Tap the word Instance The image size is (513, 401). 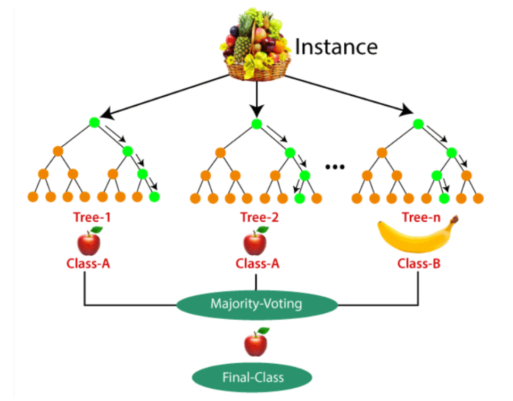click(x=336, y=47)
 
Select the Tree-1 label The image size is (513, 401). click(x=92, y=217)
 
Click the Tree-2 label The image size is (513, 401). click(x=257, y=217)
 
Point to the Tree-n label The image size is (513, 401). click(x=418, y=217)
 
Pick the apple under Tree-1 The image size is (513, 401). click(x=89, y=241)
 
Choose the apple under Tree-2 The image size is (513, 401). click(x=255, y=241)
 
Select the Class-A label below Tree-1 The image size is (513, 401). click(x=88, y=264)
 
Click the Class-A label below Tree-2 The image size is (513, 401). click(x=256, y=264)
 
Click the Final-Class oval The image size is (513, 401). click(x=253, y=378)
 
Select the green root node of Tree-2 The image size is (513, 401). click(x=256, y=123)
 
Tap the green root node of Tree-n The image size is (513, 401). click(x=418, y=123)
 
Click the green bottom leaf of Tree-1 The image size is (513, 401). click(x=154, y=197)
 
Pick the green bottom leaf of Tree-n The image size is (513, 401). click(x=444, y=198)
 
